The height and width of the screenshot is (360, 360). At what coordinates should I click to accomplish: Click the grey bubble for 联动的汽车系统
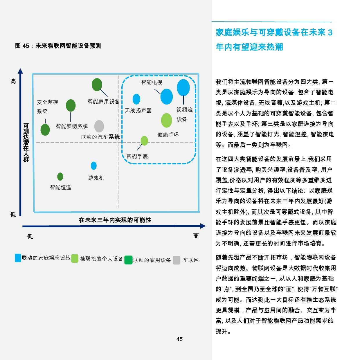click(99, 126)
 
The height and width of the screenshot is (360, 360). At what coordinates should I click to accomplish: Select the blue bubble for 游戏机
click(93, 166)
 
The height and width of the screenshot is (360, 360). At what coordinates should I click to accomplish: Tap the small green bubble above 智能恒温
click(60, 177)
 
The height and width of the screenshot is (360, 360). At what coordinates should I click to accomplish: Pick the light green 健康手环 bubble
click(166, 120)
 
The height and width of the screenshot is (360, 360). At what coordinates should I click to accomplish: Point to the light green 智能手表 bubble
click(144, 141)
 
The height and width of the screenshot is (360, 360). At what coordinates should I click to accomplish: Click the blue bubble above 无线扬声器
click(136, 99)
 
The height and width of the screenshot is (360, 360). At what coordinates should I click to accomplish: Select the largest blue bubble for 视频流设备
click(183, 88)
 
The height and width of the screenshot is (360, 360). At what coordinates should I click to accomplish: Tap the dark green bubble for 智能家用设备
click(97, 84)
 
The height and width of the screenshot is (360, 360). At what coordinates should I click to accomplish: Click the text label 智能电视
click(152, 82)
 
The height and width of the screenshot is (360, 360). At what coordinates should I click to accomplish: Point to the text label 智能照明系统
click(72, 127)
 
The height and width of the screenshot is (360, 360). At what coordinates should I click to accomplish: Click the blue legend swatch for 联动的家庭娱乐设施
click(18, 258)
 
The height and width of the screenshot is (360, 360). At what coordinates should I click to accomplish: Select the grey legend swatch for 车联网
click(177, 260)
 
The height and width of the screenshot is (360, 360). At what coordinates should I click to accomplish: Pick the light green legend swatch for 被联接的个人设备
click(75, 259)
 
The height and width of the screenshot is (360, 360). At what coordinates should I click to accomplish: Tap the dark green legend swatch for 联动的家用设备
click(128, 260)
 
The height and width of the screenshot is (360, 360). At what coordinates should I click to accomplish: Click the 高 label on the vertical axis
click(13, 81)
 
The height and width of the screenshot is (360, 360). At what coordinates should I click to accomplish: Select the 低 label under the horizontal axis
click(30, 237)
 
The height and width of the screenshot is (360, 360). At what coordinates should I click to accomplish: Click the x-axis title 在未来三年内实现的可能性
click(115, 220)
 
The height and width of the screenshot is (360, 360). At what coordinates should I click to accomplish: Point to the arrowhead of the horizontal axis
click(203, 226)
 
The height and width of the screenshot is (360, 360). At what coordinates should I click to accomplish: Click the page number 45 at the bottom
click(179, 339)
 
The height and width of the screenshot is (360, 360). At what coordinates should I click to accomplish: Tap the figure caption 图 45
click(22, 46)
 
